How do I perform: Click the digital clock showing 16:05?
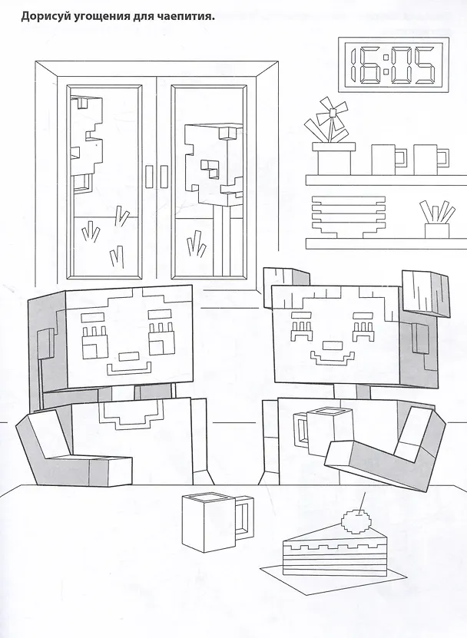pyautogui.click(x=393, y=64)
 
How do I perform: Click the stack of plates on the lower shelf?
pyautogui.click(x=349, y=217)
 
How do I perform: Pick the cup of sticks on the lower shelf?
pyautogui.click(x=437, y=220)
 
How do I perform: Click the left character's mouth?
pyautogui.click(x=127, y=369)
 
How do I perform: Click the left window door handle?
pyautogui.click(x=150, y=177)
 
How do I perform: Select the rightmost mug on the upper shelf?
pyautogui.click(x=431, y=160)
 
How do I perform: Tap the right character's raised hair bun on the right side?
pyautogui.click(x=426, y=293)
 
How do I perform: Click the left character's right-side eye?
pyautogui.click(x=161, y=339)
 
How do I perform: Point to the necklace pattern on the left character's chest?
pyautogui.click(x=131, y=414)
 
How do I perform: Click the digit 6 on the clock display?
pyautogui.click(x=371, y=64)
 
